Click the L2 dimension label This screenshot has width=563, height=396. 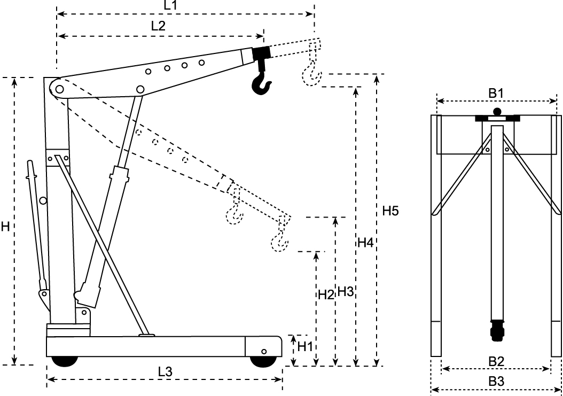click(158, 25)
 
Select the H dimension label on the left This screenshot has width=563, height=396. click(5, 227)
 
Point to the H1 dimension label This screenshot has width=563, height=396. click(305, 346)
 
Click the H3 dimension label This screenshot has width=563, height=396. click(346, 292)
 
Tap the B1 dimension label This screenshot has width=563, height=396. click(497, 92)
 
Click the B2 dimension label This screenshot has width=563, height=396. click(497, 361)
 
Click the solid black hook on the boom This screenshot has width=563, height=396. click(261, 80)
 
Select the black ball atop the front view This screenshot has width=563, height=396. click(497, 112)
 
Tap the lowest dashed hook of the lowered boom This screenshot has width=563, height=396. click(280, 240)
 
